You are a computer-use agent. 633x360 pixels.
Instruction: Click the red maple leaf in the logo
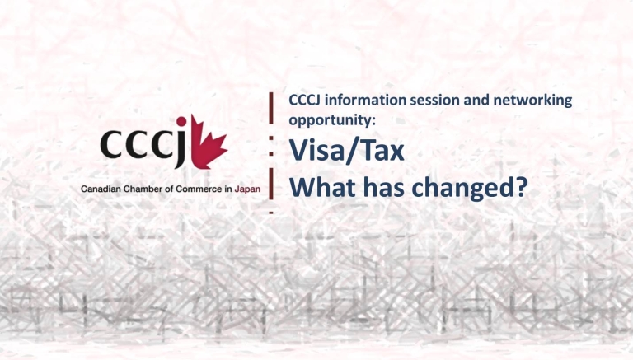tap(209, 143)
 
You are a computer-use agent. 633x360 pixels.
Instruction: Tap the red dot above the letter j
tap(181, 120)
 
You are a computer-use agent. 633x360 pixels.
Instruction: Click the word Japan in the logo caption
tap(247, 189)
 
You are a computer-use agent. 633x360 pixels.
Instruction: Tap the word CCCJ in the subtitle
tap(305, 100)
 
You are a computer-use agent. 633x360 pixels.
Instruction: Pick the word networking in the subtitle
tap(532, 101)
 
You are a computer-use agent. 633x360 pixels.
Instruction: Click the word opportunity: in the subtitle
tap(332, 120)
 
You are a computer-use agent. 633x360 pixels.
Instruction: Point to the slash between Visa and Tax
tap(350, 151)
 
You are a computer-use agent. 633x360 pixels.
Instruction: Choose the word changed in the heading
tap(462, 188)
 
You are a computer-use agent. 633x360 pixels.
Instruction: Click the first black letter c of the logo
tap(111, 143)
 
